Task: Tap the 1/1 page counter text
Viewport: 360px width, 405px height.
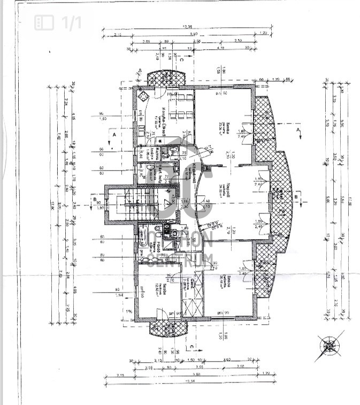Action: pos(71,22)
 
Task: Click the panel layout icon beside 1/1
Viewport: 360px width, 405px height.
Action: pos(44,22)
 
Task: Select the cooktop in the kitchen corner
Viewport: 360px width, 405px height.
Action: pos(143,97)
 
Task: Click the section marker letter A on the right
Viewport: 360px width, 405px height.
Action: pos(297,129)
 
